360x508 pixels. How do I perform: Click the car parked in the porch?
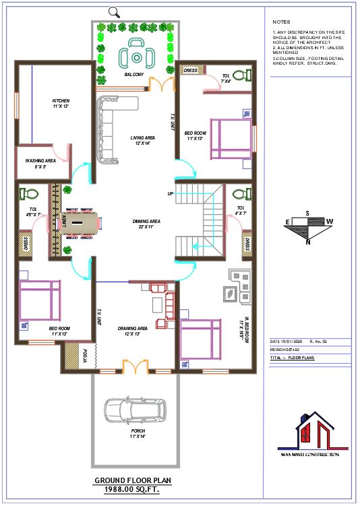tap(134, 410)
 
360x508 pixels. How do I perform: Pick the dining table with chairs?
tap(80, 222)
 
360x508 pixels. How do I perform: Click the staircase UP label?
tap(171, 194)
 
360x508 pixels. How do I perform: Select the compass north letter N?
tap(307, 242)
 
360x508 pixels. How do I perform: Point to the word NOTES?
tap(281, 22)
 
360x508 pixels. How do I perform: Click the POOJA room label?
tap(86, 355)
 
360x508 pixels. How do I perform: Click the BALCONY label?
tap(133, 75)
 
